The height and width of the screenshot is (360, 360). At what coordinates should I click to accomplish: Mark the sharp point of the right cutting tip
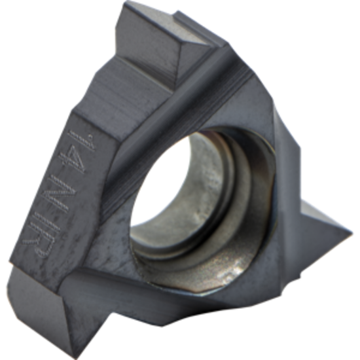351,233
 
